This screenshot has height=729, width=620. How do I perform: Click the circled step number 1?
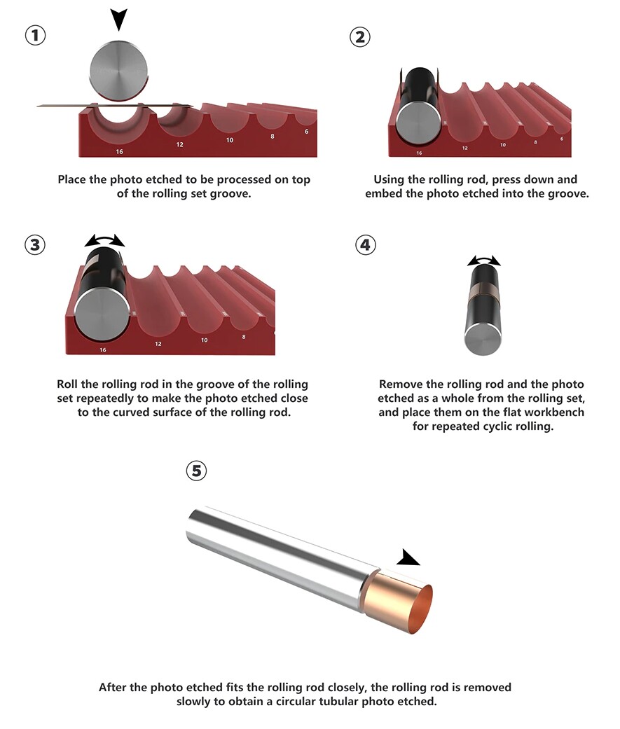click(35, 35)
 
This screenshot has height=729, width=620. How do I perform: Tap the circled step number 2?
click(360, 36)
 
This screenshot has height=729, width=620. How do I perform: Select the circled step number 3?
click(35, 244)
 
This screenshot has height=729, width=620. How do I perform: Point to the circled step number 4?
click(366, 244)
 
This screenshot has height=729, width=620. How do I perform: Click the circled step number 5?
click(196, 471)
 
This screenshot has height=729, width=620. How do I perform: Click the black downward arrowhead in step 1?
click(119, 20)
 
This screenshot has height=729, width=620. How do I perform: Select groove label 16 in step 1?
click(120, 151)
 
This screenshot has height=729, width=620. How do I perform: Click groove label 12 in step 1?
click(179, 144)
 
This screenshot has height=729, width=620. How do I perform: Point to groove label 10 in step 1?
click(230, 140)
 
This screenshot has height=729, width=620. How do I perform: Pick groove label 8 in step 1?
click(273, 137)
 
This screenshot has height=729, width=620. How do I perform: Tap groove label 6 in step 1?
click(307, 132)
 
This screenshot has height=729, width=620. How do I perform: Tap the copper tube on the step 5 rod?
click(399, 600)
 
